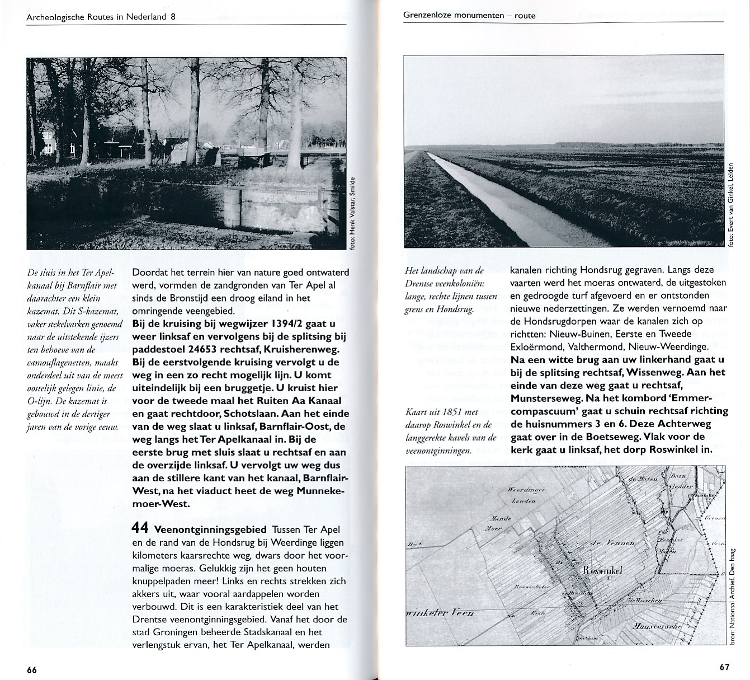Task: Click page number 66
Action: (31, 670)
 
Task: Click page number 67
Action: (724, 667)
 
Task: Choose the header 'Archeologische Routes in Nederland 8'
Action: (101, 17)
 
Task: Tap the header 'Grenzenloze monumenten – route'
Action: (469, 16)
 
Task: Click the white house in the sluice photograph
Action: (48, 140)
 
